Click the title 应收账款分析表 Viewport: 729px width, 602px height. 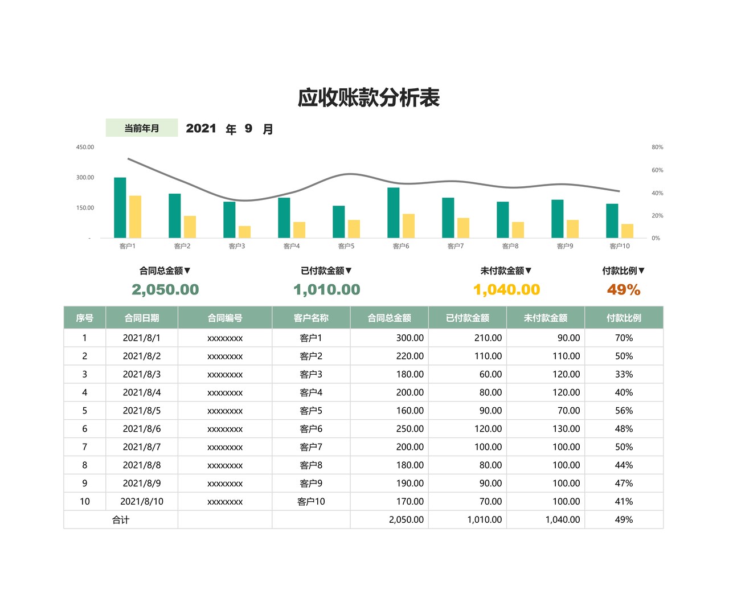(x=368, y=98)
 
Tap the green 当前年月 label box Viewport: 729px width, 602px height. (x=142, y=128)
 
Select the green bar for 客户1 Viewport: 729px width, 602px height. (x=120, y=208)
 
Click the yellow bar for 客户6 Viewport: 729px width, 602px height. (x=408, y=226)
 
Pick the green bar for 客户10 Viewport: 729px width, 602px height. (x=612, y=221)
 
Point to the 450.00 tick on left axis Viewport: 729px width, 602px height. (x=85, y=147)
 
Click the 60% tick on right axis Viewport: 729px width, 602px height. (x=657, y=170)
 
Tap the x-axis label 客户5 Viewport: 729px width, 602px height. (x=346, y=246)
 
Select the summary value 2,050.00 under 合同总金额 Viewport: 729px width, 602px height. (x=165, y=289)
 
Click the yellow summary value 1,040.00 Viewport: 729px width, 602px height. (x=506, y=289)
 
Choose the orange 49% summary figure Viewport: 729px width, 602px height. (x=624, y=289)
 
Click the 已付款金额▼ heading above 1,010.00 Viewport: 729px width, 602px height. (x=326, y=271)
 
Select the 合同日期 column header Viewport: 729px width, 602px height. (x=142, y=318)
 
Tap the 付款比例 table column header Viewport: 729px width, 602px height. (x=624, y=318)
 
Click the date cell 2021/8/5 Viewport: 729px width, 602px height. (x=142, y=411)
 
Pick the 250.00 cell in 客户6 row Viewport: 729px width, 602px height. (x=409, y=429)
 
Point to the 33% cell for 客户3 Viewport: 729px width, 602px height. (x=624, y=374)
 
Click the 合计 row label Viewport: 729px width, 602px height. (x=121, y=519)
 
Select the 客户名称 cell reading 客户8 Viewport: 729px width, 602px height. (x=311, y=465)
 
